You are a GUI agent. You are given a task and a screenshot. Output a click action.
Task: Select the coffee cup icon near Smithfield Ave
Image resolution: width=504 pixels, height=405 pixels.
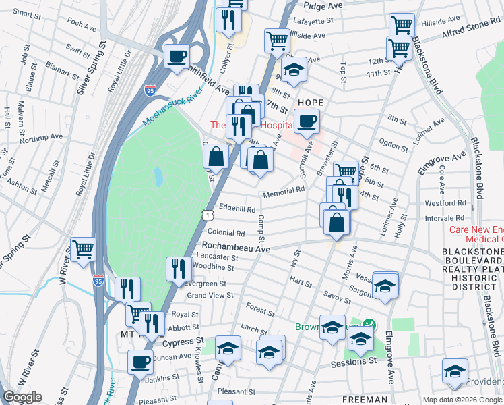177,57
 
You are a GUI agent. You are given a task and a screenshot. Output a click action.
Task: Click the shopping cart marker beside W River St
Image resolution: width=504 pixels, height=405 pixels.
83,250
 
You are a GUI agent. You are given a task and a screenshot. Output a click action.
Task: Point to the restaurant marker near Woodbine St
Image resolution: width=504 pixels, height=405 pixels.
178,269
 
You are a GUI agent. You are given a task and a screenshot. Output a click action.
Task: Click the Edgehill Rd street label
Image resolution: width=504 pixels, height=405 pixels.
236,209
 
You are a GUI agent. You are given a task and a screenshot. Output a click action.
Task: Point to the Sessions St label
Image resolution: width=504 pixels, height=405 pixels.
354,362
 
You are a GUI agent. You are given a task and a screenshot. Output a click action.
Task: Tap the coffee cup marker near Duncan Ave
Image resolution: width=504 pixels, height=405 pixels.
140,362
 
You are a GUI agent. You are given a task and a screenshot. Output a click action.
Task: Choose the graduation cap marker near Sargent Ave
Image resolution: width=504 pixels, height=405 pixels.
385,286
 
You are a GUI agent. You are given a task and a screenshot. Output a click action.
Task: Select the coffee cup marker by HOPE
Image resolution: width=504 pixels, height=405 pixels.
307,122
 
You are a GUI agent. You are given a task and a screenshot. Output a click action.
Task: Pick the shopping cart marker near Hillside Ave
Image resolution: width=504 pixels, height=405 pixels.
277,40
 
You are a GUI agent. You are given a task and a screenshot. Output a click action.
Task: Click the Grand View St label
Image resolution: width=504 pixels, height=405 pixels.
212,295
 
